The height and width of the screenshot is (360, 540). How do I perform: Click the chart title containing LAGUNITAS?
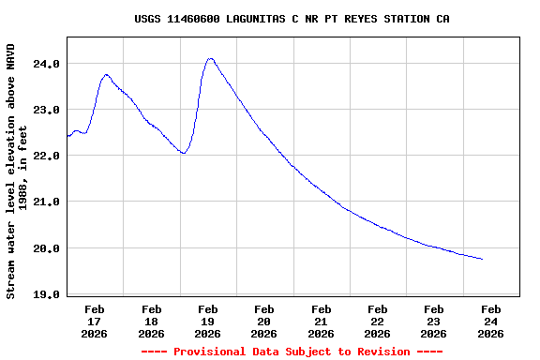point(292,18)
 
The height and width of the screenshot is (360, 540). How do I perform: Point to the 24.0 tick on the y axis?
point(47,64)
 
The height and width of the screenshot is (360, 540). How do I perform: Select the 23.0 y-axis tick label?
point(47,110)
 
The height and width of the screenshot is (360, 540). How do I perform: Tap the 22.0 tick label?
point(47,156)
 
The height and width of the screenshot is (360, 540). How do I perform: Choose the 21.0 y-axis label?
point(47,202)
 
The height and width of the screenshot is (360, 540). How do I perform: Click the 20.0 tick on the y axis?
point(47,248)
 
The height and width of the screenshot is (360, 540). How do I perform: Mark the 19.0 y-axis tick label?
point(47,294)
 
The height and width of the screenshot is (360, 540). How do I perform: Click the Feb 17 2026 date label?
point(95,321)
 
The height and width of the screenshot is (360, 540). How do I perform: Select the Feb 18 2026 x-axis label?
point(151,321)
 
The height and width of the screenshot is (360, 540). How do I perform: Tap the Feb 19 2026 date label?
point(208,321)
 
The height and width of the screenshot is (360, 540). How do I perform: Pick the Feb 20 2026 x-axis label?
point(264,321)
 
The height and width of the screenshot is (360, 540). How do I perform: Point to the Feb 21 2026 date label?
point(321,321)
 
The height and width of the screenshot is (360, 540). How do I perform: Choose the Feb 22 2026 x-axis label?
point(378,321)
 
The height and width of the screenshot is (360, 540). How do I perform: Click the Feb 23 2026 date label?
point(434,321)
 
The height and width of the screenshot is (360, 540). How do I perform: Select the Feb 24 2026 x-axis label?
point(490,321)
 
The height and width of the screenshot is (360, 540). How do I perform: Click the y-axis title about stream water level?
point(17,171)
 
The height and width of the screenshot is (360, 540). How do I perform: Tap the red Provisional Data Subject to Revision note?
point(292,352)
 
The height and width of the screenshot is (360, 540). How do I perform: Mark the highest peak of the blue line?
point(210,58)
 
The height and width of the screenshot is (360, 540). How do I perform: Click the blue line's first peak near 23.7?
point(106,75)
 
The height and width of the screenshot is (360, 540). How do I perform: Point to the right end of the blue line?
point(482,259)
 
